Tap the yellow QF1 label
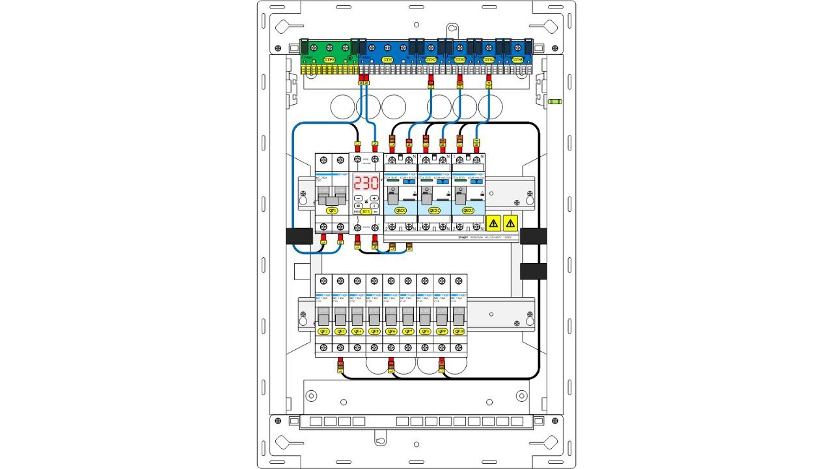click(332, 211)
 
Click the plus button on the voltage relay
click(374, 197)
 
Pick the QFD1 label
click(400, 210)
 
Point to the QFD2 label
click(433, 210)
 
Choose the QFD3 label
click(467, 210)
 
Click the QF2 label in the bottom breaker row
click(323, 331)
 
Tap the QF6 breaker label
click(391, 331)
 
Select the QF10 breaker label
click(459, 331)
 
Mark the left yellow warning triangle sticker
click(493, 223)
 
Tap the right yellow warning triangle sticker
click(511, 223)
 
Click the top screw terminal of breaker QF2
click(323, 281)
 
